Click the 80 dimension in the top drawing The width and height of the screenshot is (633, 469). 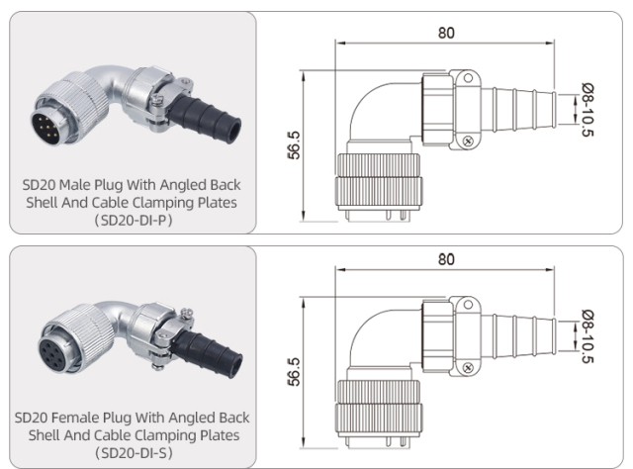[x=446, y=32]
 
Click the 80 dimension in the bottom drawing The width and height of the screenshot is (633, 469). [x=446, y=259]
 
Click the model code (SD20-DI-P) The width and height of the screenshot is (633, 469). [x=133, y=220]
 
